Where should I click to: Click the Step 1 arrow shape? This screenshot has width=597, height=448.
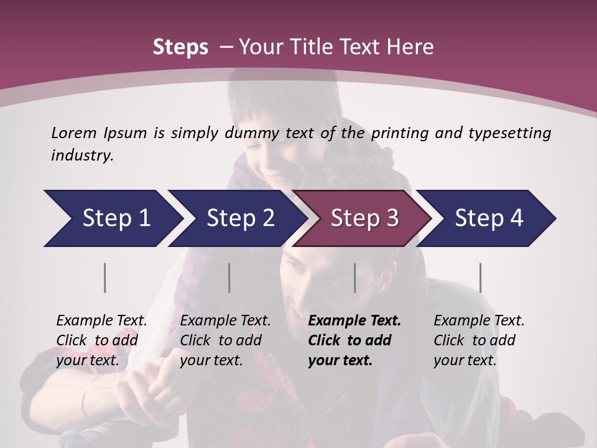click(112, 218)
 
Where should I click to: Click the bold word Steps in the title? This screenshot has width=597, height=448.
click(180, 47)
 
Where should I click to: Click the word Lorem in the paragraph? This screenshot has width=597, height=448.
click(73, 133)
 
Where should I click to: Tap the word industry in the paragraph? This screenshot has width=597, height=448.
click(81, 155)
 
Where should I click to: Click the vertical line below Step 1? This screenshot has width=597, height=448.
click(105, 278)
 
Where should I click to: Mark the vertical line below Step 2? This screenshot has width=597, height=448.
click(229, 278)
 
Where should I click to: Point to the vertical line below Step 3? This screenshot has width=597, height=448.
click(354, 278)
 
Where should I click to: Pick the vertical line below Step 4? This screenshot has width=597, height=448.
click(481, 278)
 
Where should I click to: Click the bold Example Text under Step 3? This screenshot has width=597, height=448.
click(354, 320)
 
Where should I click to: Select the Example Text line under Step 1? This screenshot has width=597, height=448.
click(101, 320)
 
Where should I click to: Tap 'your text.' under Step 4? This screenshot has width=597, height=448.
click(465, 360)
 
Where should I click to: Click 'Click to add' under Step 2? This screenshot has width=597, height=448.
click(221, 340)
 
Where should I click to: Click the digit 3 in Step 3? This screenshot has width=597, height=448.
click(391, 218)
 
